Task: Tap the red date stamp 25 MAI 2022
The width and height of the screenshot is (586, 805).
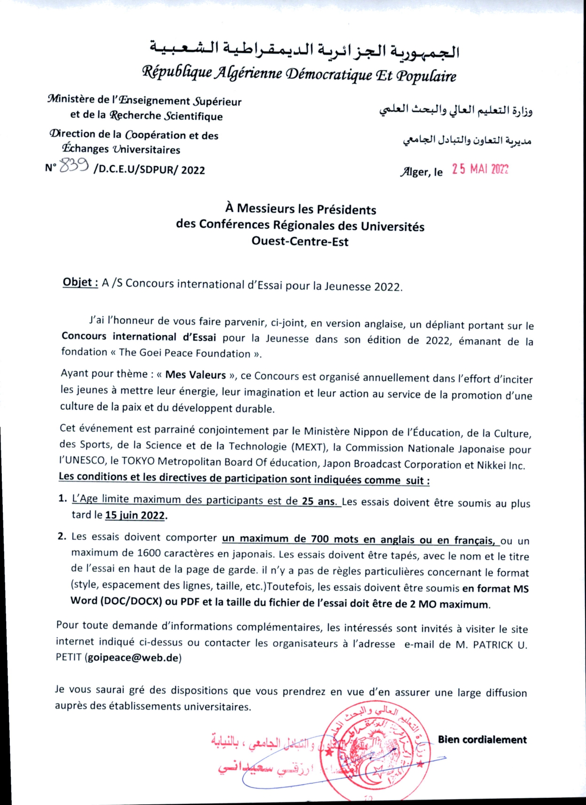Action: [480, 169]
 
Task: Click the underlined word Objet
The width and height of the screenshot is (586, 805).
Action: [80, 282]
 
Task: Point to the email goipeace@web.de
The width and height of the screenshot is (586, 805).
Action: [133, 657]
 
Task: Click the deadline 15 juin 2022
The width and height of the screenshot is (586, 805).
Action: [135, 515]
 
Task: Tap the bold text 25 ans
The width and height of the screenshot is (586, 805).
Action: [319, 501]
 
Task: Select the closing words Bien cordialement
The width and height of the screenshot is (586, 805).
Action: [482, 740]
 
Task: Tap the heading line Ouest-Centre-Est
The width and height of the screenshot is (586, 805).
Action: [300, 241]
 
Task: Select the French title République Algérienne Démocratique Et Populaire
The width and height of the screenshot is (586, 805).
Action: [299, 74]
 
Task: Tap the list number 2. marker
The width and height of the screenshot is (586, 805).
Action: [62, 536]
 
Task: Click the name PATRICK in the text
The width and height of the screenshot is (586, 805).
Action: [493, 645]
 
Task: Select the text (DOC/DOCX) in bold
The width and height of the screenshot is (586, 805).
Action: [131, 601]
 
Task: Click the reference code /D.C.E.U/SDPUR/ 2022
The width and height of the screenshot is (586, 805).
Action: [149, 170]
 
